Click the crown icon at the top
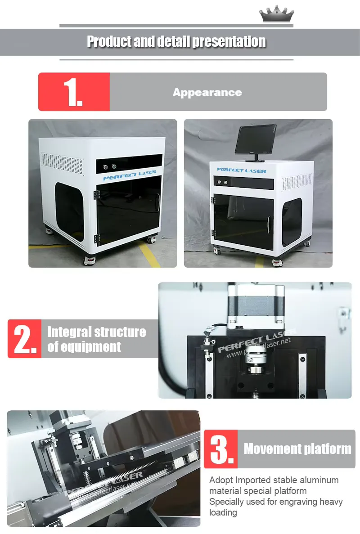pos(277,14)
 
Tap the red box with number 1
pos(74,92)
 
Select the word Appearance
pos(207,92)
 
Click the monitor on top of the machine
pos(256,142)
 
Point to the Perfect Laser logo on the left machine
pos(130,175)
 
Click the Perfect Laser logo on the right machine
pos(242,170)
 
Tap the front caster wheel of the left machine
pos(89,260)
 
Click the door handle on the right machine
pos(269,224)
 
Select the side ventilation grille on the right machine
pos(297,182)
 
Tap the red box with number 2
pos(24,339)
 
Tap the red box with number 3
pos(220,449)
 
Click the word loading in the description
pos(223,512)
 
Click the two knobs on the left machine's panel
pos(110,167)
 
